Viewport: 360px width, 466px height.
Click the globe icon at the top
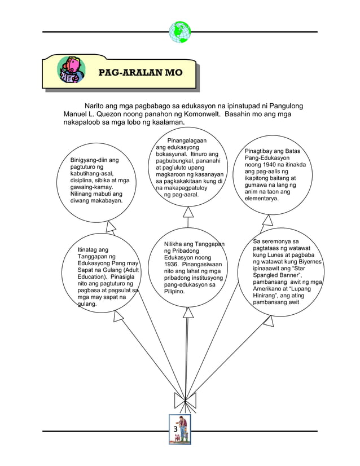(x=180, y=32)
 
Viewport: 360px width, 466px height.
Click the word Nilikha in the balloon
(x=175, y=244)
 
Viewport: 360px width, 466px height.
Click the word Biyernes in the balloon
(x=305, y=262)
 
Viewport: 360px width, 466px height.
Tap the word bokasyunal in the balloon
(x=174, y=154)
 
